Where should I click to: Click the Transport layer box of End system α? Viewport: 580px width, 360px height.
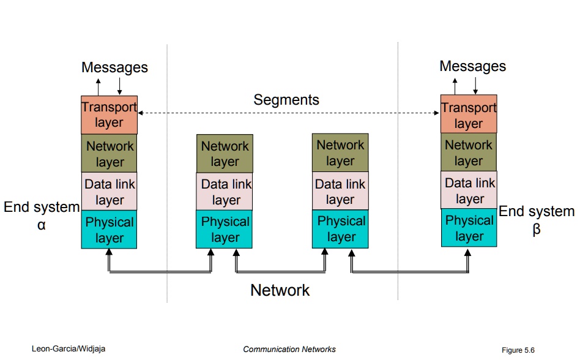(x=110, y=114)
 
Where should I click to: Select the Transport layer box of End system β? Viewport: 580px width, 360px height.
(x=469, y=115)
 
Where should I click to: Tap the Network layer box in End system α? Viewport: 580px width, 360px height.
(x=110, y=153)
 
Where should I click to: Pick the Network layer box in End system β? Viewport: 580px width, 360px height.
(x=469, y=152)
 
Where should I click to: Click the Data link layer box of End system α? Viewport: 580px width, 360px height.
(x=110, y=191)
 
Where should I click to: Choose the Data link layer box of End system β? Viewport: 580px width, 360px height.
(x=469, y=190)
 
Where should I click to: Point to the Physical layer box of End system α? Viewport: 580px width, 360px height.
(x=110, y=230)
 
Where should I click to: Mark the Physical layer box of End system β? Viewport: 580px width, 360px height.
(x=469, y=228)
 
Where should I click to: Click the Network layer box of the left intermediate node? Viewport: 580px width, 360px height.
(x=225, y=154)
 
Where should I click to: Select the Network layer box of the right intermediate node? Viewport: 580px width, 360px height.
(x=340, y=152)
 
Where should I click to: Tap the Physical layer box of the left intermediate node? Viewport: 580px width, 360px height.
(x=225, y=229)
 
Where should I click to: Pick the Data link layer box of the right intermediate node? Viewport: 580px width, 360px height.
(x=340, y=191)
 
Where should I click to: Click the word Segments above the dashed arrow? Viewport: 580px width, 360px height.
(x=286, y=99)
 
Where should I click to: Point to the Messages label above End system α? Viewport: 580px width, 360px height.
(x=114, y=67)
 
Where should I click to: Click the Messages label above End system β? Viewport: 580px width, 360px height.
(x=473, y=66)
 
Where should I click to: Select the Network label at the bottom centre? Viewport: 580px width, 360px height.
(x=280, y=290)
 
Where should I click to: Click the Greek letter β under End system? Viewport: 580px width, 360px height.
(x=537, y=230)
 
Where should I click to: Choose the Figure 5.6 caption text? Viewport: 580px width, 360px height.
(x=518, y=350)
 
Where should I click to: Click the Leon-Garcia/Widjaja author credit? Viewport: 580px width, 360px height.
(x=64, y=349)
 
